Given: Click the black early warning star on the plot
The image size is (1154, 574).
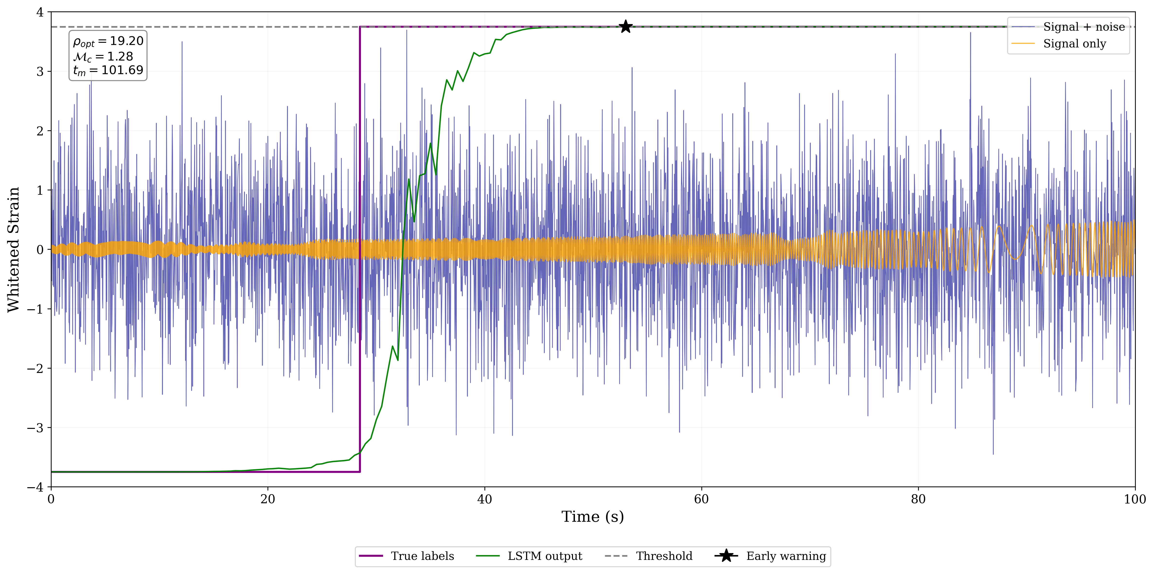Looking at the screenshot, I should coord(625,27).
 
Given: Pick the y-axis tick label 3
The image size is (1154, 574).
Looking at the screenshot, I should coord(40,72).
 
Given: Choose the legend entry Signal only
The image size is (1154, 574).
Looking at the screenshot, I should coord(1074,44).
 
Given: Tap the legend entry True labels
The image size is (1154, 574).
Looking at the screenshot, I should coord(422,556).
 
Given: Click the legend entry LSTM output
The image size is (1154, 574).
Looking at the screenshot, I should coord(544,556).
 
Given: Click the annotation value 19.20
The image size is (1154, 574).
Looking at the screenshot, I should coord(126,41).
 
